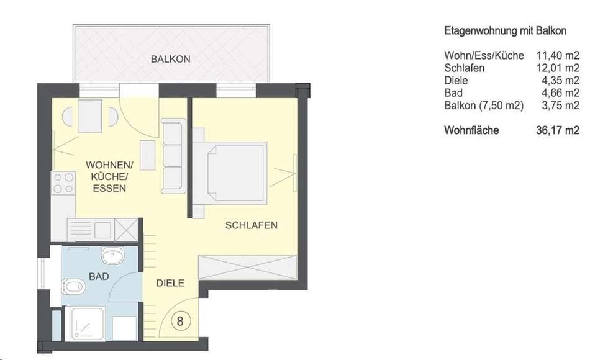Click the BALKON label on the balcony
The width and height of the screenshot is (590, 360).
pyautogui.click(x=170, y=59)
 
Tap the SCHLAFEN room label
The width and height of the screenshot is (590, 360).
pyautogui.click(x=252, y=225)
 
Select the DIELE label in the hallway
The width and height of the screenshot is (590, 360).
pyautogui.click(x=170, y=283)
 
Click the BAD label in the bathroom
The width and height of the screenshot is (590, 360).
pyautogui.click(x=99, y=276)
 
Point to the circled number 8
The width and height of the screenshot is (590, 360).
pyautogui.click(x=180, y=321)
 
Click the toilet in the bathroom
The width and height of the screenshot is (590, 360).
pyautogui.click(x=73, y=287)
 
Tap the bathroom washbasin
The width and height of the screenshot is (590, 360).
pyautogui.click(x=112, y=256)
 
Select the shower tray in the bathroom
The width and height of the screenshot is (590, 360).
pyautogui.click(x=87, y=324)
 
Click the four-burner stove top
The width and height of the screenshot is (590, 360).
pyautogui.click(x=63, y=183)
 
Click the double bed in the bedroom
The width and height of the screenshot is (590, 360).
pyautogui.click(x=230, y=173)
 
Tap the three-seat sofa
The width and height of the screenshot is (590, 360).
pyautogui.click(x=173, y=156)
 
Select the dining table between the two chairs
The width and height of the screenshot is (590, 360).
pyautogui.click(x=89, y=116)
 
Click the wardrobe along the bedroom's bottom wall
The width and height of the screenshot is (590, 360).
pyautogui.click(x=248, y=267)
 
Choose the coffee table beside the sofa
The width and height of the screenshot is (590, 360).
pyautogui.click(x=148, y=155)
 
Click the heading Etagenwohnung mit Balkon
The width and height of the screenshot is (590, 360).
pyautogui.click(x=506, y=31)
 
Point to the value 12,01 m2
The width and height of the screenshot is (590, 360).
pyautogui.click(x=558, y=68)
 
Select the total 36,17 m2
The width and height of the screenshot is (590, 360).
pyautogui.click(x=558, y=130)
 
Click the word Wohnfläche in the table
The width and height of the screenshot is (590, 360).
pyautogui.click(x=471, y=130)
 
